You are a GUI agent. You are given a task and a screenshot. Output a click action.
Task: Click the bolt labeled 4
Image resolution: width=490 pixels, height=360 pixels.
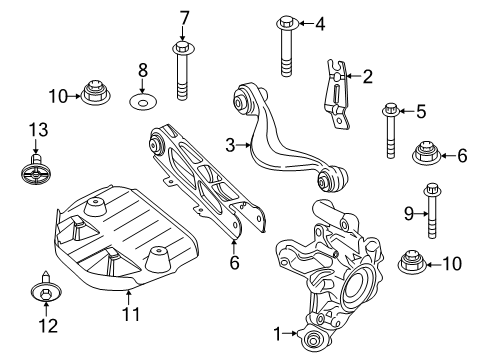(x=286, y=44)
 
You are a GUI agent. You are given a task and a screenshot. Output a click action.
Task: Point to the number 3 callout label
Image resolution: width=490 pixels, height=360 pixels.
(x=230, y=146)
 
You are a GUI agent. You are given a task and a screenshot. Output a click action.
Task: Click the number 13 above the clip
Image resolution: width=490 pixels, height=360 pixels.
(x=37, y=129)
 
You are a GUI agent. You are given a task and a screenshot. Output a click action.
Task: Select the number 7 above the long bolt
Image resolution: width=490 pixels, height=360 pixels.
(x=183, y=16)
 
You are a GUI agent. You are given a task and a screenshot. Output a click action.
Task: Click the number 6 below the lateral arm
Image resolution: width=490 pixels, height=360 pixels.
(x=234, y=262)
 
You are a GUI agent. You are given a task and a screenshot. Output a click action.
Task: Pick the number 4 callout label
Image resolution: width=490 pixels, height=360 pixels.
(x=320, y=23)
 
